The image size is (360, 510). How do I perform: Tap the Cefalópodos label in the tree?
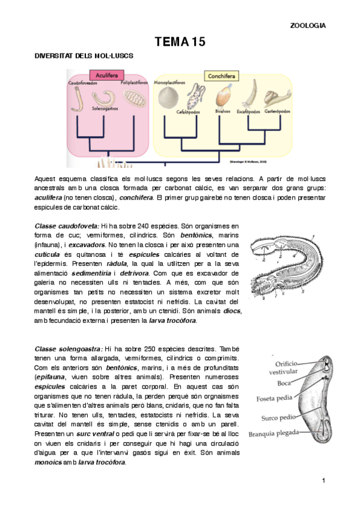point(188,111)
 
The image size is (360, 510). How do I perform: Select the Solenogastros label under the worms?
point(105,109)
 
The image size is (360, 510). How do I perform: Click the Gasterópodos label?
point(278,111)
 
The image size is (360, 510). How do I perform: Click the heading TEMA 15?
point(180,41)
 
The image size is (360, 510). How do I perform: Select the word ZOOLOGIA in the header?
point(308,26)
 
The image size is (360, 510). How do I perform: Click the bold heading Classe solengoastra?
point(69,349)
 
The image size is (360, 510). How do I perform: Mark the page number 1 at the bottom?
point(323,480)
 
